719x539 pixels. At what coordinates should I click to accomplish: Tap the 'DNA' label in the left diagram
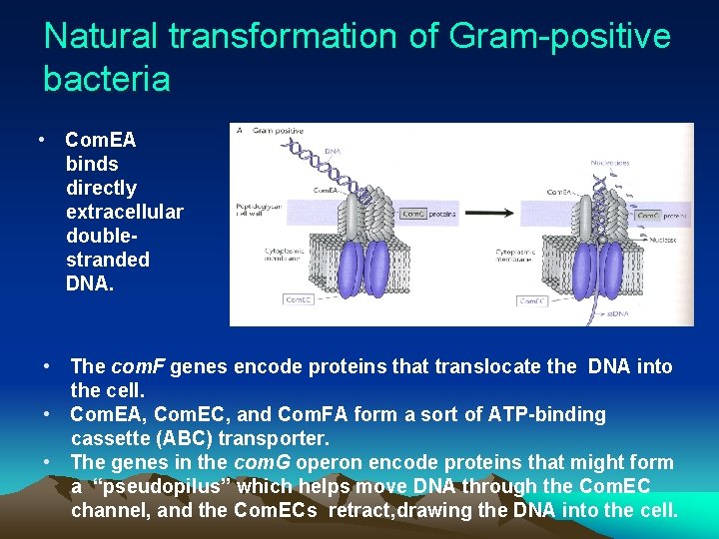[x=333, y=151]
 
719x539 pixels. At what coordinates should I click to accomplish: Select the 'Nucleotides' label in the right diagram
[x=609, y=162]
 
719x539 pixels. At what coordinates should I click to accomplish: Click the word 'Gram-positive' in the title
[x=560, y=37]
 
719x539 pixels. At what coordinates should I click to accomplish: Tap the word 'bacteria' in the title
[x=107, y=79]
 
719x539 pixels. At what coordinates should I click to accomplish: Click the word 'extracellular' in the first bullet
[x=124, y=212]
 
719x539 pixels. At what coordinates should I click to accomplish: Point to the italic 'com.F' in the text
[x=138, y=366]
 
